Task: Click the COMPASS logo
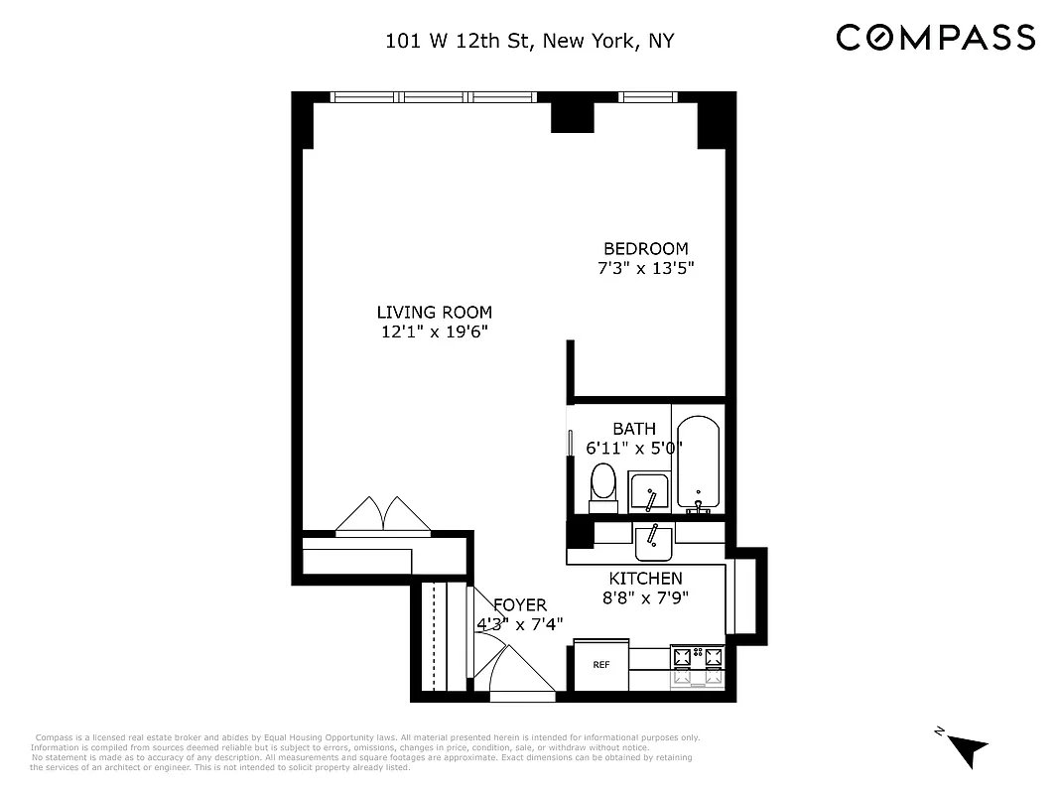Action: [x=935, y=38]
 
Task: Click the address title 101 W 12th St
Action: [x=532, y=42]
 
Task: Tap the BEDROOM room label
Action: [x=645, y=248]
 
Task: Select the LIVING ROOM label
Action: [x=434, y=312]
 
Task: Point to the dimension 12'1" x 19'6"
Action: [x=434, y=332]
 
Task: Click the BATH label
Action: [x=633, y=429]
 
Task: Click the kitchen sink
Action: [x=654, y=542]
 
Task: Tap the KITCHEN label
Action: [x=645, y=579]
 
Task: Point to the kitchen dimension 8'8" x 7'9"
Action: [x=645, y=598]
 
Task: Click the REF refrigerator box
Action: [x=601, y=665]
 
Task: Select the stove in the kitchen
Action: [x=699, y=666]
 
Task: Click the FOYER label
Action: [x=519, y=604]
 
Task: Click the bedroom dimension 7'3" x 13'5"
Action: [x=645, y=269]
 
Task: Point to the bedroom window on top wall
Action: [x=648, y=97]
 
